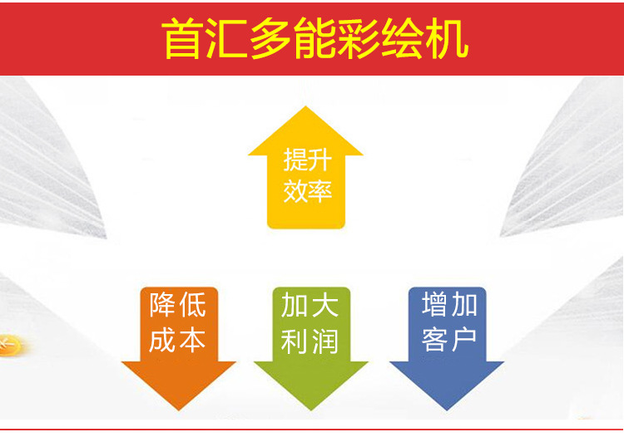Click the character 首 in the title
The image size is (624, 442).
tap(185, 39)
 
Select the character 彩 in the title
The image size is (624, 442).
tap(359, 39)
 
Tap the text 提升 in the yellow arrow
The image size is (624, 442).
tap(306, 160)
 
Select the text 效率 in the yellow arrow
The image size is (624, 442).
tap(306, 192)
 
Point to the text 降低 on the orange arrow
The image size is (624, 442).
tap(178, 306)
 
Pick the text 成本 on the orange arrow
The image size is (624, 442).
tap(178, 340)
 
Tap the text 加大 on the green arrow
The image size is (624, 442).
tap(310, 306)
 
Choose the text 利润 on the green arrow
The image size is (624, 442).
tap(310, 340)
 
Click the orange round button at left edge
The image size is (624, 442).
tap(10, 342)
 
